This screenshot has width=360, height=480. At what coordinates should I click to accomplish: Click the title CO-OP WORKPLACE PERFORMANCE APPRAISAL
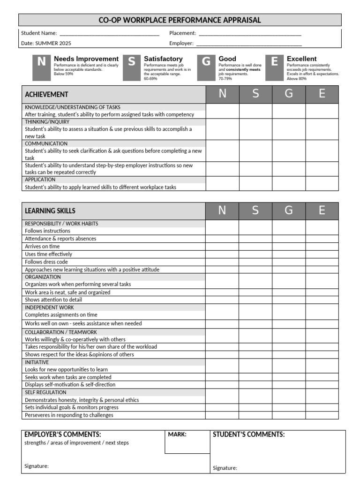point(180,20)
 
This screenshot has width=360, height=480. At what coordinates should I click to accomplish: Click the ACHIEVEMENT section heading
point(46,95)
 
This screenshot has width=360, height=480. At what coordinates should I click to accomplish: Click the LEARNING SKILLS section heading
point(50,211)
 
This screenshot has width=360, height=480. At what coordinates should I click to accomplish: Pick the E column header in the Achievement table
point(322,94)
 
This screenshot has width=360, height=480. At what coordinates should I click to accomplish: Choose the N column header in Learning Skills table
point(222,211)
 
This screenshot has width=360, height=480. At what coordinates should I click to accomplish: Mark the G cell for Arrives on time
point(289,247)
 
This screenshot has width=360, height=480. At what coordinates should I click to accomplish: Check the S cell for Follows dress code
point(255,262)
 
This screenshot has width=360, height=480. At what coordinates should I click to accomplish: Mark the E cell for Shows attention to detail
point(322,300)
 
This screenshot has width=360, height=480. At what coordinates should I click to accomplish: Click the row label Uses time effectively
point(49,254)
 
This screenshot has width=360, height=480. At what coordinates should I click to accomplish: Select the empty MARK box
point(187,445)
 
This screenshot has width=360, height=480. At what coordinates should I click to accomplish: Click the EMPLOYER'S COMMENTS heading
point(63,435)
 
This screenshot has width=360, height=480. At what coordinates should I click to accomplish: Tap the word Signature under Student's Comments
point(225,468)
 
